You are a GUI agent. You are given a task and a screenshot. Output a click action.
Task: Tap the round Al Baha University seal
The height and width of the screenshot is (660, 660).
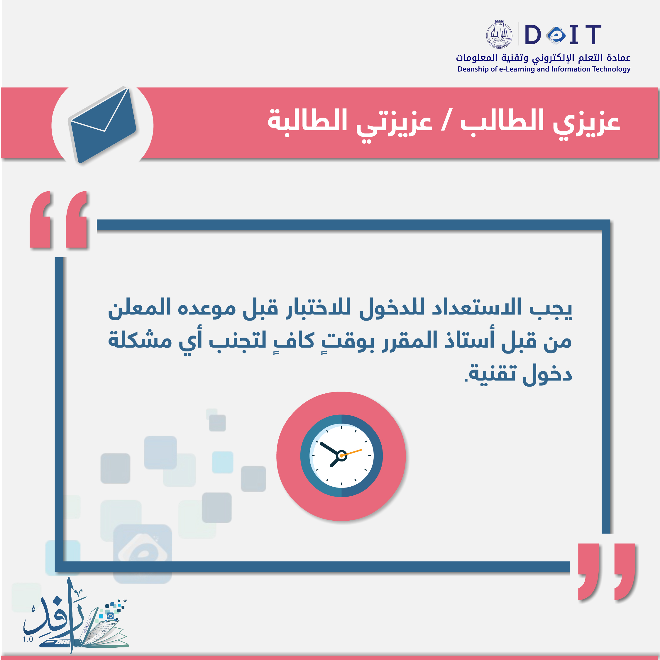(499, 34)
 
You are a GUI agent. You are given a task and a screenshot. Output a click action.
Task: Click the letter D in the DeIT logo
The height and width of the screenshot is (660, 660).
(533, 35)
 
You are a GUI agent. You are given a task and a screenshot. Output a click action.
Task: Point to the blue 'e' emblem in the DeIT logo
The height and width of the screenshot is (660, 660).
(556, 35)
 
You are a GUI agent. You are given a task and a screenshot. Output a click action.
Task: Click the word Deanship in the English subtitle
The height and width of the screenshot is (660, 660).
(473, 69)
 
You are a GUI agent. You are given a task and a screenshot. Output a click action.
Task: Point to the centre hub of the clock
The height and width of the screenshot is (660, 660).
(341, 456)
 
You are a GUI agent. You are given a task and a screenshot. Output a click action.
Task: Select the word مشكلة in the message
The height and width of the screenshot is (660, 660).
(140, 340)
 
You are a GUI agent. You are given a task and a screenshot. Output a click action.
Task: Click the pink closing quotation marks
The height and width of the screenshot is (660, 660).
(607, 571)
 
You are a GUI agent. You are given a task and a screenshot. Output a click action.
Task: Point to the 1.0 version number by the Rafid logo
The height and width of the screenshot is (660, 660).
(28, 639)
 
